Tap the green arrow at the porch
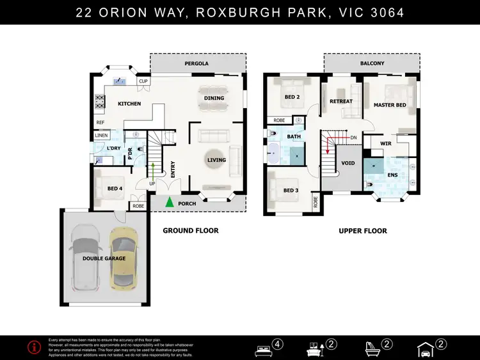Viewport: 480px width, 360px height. [x=170, y=203]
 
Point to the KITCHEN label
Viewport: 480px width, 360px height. [x=129, y=104]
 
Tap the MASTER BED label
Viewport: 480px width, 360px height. [x=390, y=104]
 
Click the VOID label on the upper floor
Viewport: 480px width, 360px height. [x=349, y=164]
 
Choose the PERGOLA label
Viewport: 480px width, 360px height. [x=198, y=64]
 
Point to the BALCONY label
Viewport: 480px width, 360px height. [x=372, y=64]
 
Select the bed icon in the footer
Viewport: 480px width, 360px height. [x=262, y=347]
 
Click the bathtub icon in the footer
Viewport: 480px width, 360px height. [x=372, y=347]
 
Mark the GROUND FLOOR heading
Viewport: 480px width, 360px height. [x=190, y=231]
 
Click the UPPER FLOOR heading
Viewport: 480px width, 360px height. [x=363, y=231]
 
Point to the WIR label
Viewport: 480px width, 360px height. [x=386, y=144]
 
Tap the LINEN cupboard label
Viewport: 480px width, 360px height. [x=101, y=136]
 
